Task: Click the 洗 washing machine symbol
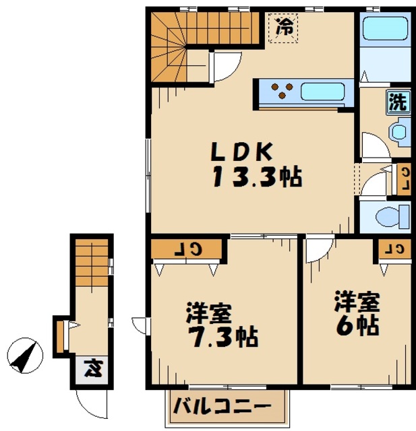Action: click(x=398, y=102)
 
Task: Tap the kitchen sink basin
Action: click(x=322, y=92)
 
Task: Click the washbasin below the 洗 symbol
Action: click(x=401, y=130)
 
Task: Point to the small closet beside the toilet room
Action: click(x=403, y=178)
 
